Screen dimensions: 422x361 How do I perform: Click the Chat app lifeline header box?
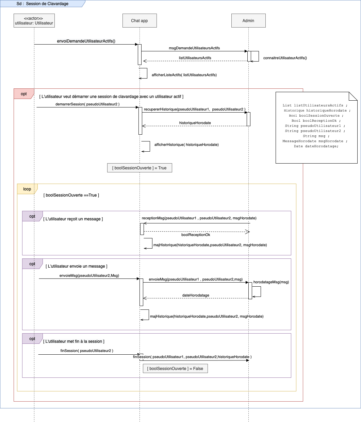pos(140,21)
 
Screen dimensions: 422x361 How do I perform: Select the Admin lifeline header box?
pos(248,21)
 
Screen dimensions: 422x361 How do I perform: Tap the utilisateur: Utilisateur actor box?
pos(34,21)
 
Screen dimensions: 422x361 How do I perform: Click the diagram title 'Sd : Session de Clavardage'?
pos(43,4)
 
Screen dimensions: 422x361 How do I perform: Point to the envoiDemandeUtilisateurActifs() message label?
pos(86,41)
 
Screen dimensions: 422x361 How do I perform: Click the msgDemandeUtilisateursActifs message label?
pos(194,48)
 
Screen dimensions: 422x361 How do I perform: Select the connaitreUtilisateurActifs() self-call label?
pos(285,58)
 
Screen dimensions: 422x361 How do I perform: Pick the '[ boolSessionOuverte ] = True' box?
pos(140,168)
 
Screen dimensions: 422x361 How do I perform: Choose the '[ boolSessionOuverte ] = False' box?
pos(175,369)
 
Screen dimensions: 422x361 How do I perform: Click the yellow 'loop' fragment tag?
pos(27,189)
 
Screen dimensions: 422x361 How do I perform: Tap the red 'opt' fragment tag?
pos(24,94)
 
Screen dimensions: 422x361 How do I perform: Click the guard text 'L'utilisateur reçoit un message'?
pos(73,219)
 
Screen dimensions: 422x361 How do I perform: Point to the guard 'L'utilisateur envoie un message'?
pos(77,266)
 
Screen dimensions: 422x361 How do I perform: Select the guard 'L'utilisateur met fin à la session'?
pos(74,341)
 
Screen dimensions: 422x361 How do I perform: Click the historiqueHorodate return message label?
pos(195,123)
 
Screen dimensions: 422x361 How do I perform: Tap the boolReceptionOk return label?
pos(196,235)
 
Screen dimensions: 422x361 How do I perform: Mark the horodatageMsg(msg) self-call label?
pos(271,282)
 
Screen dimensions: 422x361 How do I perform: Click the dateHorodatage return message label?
pos(196,295)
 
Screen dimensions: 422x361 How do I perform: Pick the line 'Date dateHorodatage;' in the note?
pos(316,146)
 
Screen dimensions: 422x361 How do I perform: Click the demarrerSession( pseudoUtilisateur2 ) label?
pos(87,104)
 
